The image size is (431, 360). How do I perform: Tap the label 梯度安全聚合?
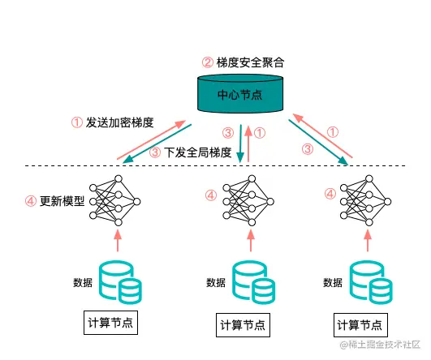coord(250,61)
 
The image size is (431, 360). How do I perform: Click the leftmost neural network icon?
coord(118,199)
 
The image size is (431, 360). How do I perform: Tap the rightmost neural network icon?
coord(363,199)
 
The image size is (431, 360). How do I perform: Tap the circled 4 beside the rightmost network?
coord(330,194)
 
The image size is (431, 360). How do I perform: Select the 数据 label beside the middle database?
coord(216,283)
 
